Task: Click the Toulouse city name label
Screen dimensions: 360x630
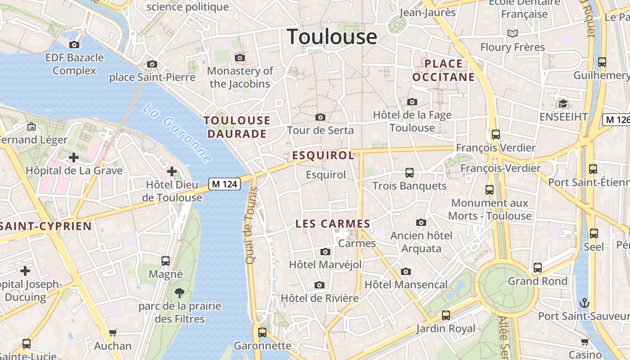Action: [332, 36]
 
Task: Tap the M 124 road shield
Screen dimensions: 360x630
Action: [224, 184]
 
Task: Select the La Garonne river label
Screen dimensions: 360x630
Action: [178, 133]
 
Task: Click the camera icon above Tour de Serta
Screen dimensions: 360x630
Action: [320, 117]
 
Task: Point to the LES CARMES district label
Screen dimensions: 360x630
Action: [333, 224]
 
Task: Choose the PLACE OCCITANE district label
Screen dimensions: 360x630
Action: [444, 70]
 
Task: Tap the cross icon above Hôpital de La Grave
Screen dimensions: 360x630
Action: [74, 157]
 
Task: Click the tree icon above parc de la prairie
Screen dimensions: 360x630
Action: [180, 293]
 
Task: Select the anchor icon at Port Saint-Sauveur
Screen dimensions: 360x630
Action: [584, 302]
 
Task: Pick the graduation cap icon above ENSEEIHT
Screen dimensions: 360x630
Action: [563, 104]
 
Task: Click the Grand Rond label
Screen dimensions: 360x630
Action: [537, 281]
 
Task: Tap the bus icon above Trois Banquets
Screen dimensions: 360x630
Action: [409, 172]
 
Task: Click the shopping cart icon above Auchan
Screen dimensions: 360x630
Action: [113, 333]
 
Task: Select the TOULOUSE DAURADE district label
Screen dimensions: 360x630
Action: [237, 127]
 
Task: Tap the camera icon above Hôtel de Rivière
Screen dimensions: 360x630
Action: [319, 285]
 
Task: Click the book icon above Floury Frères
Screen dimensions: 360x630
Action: [512, 33]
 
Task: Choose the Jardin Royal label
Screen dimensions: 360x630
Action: [445, 328]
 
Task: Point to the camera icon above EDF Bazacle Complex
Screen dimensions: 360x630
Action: [74, 45]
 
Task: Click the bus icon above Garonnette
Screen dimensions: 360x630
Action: [262, 333]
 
